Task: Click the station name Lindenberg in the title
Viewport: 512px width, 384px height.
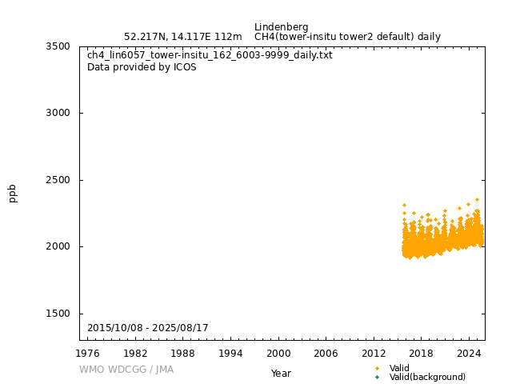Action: pos(281,27)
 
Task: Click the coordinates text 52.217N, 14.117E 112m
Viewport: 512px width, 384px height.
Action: pos(182,37)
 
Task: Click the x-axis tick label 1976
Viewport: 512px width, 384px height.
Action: pos(88,353)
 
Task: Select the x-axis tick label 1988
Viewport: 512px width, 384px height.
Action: pos(183,353)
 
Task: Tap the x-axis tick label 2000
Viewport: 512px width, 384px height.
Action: pos(278,353)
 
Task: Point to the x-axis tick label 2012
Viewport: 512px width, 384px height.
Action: pos(374,353)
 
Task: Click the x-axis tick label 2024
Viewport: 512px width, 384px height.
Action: pos(469,353)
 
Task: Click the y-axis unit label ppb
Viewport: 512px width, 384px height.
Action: pos(13,193)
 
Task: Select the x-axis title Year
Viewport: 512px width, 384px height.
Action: pos(281,374)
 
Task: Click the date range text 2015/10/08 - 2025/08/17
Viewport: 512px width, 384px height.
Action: pos(147,328)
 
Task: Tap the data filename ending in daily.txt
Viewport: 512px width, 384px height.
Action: pos(210,55)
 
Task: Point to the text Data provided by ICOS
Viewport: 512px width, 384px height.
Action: pos(142,67)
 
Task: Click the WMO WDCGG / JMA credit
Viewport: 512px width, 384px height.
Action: pos(126,370)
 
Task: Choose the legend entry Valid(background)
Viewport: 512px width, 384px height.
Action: pos(427,377)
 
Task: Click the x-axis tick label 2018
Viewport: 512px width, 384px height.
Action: pos(422,353)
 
